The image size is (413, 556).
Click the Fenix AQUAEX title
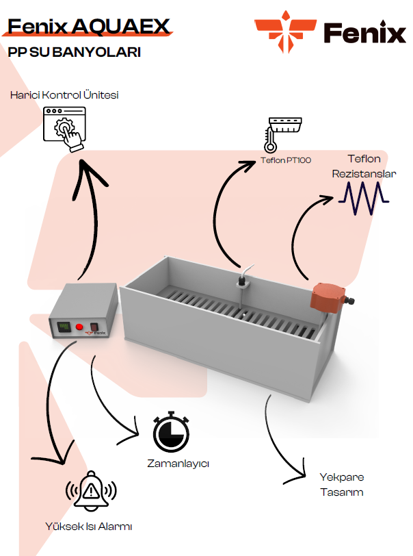coord(89,26)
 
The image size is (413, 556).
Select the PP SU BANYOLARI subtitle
coord(75,52)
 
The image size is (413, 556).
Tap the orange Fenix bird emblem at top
coord(286,31)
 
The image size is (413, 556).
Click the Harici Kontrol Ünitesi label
coord(64,95)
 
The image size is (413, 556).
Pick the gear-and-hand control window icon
coord(64,129)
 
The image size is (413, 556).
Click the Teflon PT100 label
coord(286,160)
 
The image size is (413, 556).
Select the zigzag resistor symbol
coord(364,198)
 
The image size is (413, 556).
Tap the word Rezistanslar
coord(364,174)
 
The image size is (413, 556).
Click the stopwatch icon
coord(171,432)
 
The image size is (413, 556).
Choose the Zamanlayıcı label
coord(178,464)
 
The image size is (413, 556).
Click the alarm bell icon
coord(91,491)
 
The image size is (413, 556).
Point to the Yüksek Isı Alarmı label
coord(89,526)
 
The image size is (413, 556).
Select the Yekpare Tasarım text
coord(342,484)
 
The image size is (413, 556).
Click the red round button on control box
coord(79,327)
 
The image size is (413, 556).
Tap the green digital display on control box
coord(64,327)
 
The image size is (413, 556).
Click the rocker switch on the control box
coord(94,327)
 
